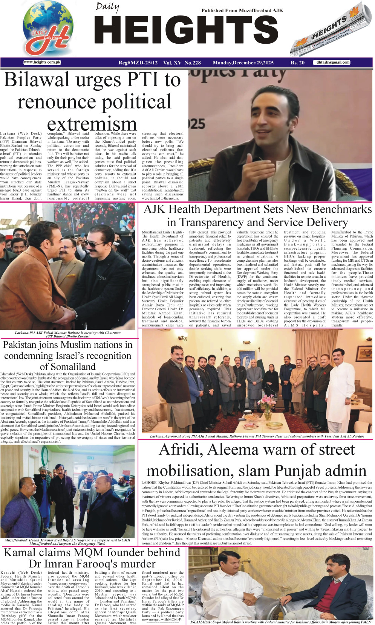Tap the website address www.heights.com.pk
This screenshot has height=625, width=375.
tap(42, 62)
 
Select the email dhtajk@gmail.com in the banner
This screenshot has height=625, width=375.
tap(333, 62)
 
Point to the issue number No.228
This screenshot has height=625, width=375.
tap(193, 63)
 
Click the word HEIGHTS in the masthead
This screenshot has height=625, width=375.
tap(186, 32)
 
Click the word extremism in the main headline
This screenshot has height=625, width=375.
tap(92, 123)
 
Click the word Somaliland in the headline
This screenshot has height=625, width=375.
tap(68, 366)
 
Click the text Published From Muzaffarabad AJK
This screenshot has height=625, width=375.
tap(242, 11)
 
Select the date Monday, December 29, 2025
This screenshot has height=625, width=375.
tap(243, 63)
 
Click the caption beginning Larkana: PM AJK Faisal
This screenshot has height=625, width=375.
tap(68, 334)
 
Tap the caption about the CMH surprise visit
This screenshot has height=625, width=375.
tap(68, 542)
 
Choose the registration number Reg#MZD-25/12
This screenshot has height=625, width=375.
tap(138, 63)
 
